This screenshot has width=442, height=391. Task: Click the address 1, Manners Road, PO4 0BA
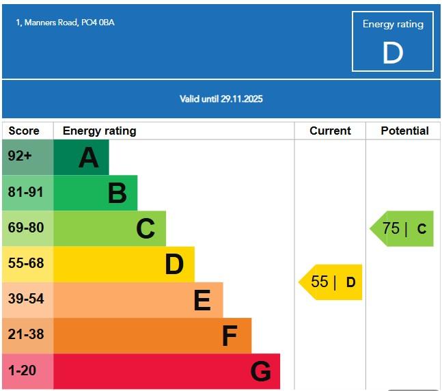(x=66, y=23)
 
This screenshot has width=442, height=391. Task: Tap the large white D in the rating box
(x=393, y=53)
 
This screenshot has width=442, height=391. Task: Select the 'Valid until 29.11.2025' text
(x=221, y=99)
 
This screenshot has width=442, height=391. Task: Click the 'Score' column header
(x=24, y=131)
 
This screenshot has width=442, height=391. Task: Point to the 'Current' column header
(x=330, y=131)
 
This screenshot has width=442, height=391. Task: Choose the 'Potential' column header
(x=404, y=131)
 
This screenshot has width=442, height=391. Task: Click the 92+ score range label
(x=20, y=157)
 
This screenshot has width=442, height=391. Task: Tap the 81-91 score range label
(x=25, y=192)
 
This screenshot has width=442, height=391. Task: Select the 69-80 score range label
(x=25, y=228)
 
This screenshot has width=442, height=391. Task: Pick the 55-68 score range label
(x=25, y=263)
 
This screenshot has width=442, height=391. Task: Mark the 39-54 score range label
(x=25, y=299)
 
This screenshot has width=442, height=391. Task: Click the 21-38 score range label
(x=25, y=334)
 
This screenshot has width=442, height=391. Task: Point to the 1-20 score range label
(x=22, y=370)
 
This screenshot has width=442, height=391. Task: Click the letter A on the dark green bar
(x=89, y=158)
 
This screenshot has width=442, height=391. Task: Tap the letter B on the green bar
(x=118, y=193)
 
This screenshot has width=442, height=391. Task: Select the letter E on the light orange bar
(x=202, y=300)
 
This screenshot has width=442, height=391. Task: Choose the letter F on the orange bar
(x=230, y=336)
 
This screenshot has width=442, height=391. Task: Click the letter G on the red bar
(x=261, y=371)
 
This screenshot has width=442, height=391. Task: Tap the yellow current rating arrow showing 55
(x=332, y=282)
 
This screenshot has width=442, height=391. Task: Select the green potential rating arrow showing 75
(x=403, y=228)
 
